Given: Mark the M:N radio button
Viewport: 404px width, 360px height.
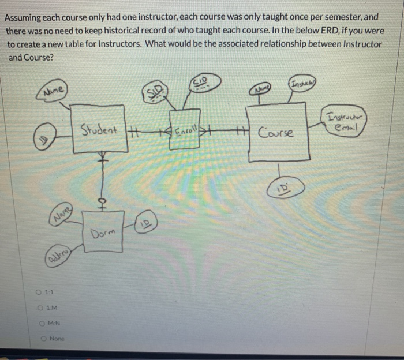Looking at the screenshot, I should point(43,323).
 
